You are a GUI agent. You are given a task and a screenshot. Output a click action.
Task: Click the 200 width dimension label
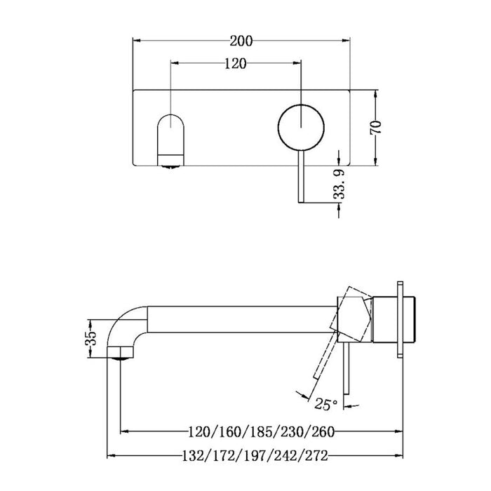click(243, 39)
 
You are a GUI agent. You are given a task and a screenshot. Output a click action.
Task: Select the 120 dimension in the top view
click(235, 64)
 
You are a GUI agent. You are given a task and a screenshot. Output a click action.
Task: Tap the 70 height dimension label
click(376, 127)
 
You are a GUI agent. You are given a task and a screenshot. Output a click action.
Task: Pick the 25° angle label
click(325, 405)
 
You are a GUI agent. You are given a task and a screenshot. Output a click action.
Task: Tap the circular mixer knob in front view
click(301, 126)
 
